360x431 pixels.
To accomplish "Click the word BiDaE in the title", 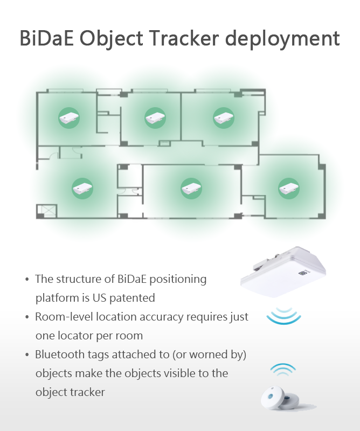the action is pyautogui.click(x=47, y=38).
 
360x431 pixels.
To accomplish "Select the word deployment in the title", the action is pyautogui.click(x=282, y=39).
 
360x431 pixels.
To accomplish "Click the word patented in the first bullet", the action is pyautogui.click(x=132, y=298).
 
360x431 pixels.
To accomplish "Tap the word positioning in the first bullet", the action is pyautogui.click(x=178, y=279).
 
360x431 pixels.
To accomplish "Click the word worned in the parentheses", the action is pyautogui.click(x=209, y=354).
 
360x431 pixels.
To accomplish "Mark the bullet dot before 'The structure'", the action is pyautogui.click(x=27, y=279).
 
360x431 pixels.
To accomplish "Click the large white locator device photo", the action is pyautogui.click(x=283, y=272).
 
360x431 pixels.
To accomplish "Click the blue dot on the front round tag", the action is pyautogui.click(x=271, y=397).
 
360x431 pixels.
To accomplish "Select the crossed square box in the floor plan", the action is pyautogui.click(x=47, y=211).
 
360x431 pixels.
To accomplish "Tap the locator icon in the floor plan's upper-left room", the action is pyautogui.click(x=69, y=118).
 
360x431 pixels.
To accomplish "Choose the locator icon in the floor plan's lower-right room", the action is pyautogui.click(x=288, y=189).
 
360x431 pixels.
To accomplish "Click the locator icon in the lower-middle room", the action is pyautogui.click(x=191, y=189).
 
